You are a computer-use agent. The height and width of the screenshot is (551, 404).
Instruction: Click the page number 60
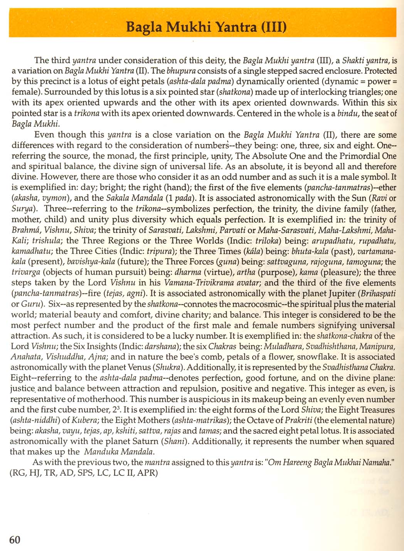coord(15,539)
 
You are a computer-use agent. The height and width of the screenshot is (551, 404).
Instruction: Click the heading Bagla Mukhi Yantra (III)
coord(206,28)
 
